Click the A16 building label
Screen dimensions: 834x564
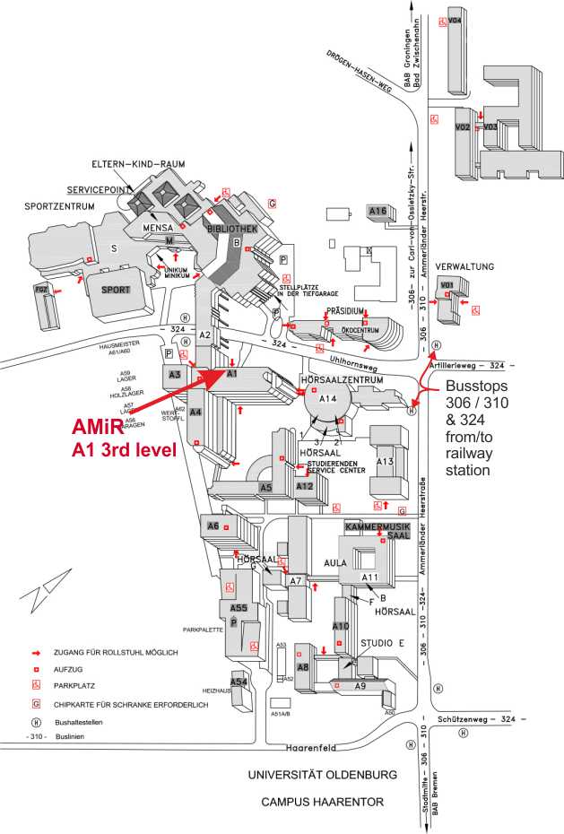[x=377, y=212]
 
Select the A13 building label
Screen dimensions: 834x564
[x=385, y=461]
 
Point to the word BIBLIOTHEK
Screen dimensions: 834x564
[x=232, y=229]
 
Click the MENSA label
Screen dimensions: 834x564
[x=157, y=229]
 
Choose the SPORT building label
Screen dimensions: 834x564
[x=116, y=290]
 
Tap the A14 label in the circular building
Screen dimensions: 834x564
[x=327, y=398]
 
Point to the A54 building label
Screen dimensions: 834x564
[x=239, y=682]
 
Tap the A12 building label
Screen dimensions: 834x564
[x=304, y=487]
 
